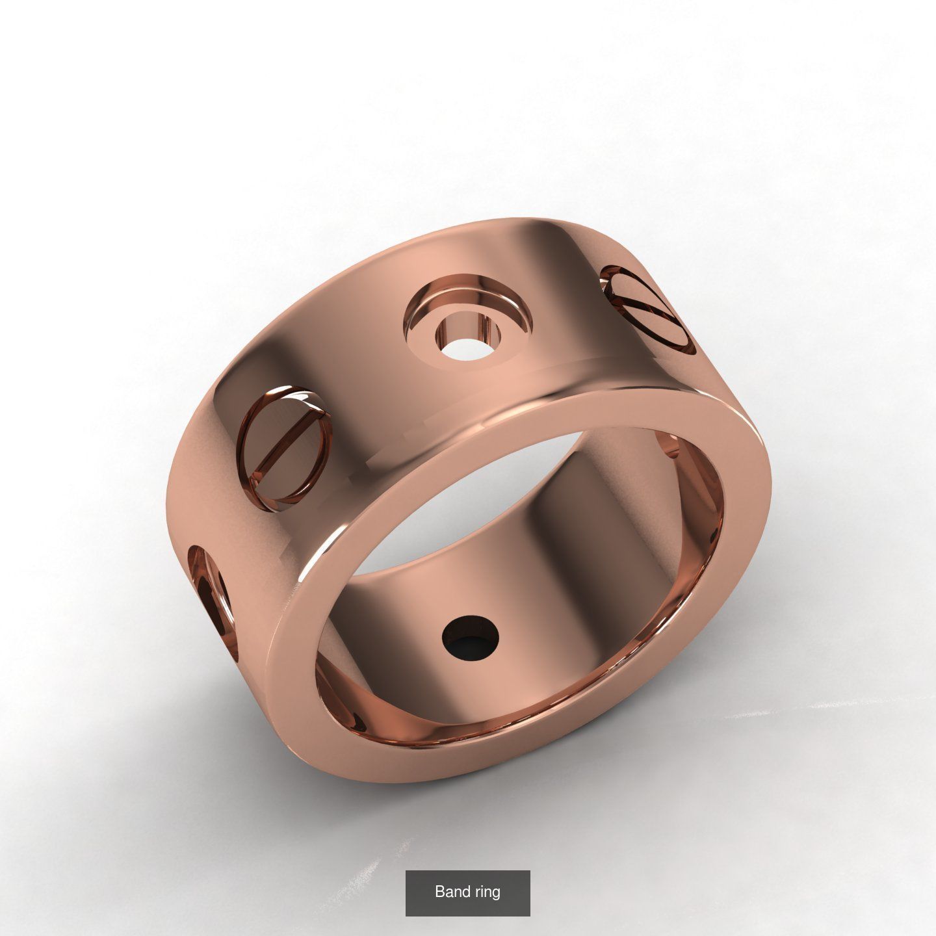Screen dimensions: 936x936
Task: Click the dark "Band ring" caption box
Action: tap(467, 892)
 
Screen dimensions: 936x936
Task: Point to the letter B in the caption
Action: tap(439, 891)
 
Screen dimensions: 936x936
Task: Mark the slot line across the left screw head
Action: tap(286, 442)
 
